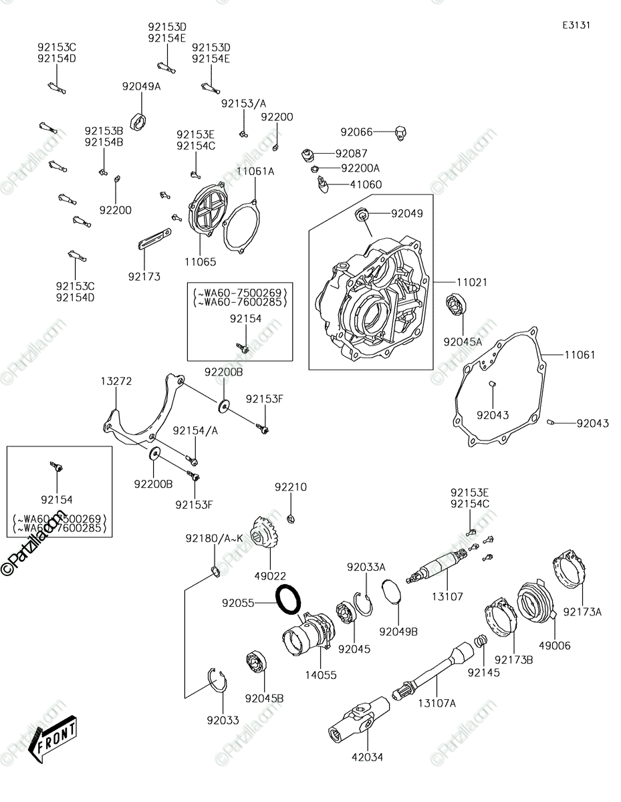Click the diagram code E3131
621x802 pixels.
(576, 25)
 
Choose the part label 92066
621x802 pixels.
(356, 132)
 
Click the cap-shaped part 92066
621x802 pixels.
(400, 133)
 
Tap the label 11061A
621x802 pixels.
(255, 171)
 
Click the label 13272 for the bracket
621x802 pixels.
(116, 381)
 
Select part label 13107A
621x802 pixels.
(437, 703)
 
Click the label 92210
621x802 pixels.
(290, 487)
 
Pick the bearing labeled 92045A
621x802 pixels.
(457, 305)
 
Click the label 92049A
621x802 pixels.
(141, 86)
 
